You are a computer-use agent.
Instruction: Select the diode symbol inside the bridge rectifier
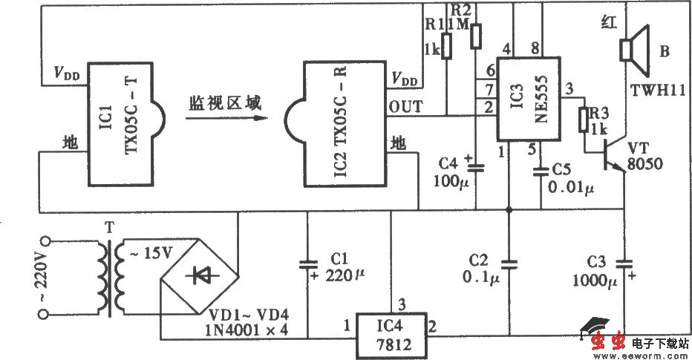coord(200,275)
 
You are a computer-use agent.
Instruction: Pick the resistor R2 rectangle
coord(477,34)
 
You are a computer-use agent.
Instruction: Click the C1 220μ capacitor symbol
coord(307,264)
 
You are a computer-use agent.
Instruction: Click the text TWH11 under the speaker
coord(658,90)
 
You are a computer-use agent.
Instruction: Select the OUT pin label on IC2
coord(407,107)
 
